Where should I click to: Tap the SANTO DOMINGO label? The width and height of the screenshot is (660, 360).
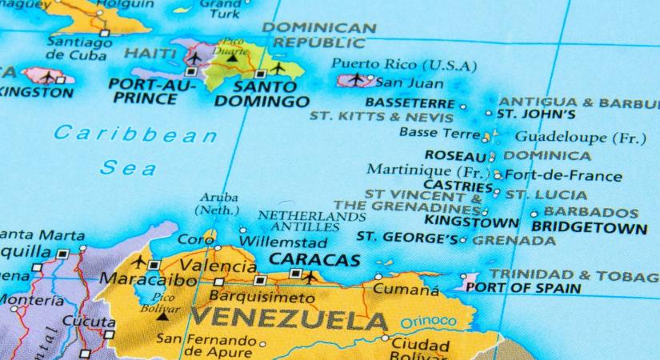[261, 93]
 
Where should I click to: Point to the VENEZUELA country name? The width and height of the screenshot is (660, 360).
[289, 321]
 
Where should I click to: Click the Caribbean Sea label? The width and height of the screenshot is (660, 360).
[134, 150]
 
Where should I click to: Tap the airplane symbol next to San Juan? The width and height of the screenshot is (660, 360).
[368, 80]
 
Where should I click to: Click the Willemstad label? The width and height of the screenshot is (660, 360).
[284, 242]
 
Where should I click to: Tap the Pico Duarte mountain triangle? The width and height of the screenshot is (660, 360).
[232, 58]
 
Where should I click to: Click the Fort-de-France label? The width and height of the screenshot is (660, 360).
[563, 176]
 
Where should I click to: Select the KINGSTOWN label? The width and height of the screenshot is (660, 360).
[471, 221]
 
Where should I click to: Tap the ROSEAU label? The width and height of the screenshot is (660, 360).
[455, 155]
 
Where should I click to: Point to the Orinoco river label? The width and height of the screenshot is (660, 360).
[429, 322]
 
